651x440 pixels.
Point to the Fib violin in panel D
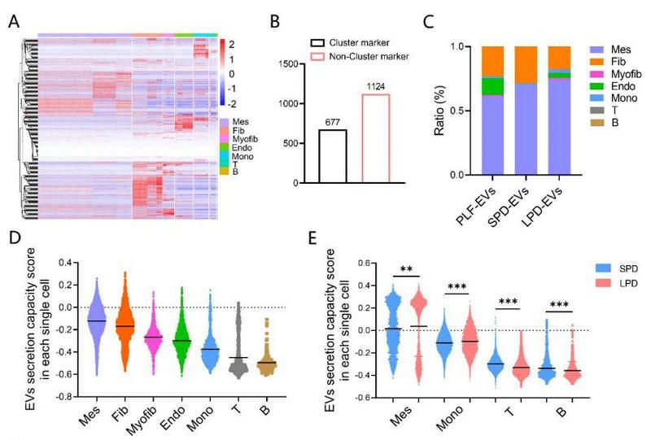click(x=125, y=325)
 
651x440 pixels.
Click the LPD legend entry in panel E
click(x=603, y=284)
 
